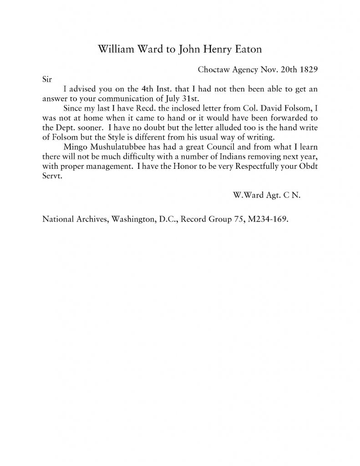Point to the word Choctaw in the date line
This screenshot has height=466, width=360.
(213, 71)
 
